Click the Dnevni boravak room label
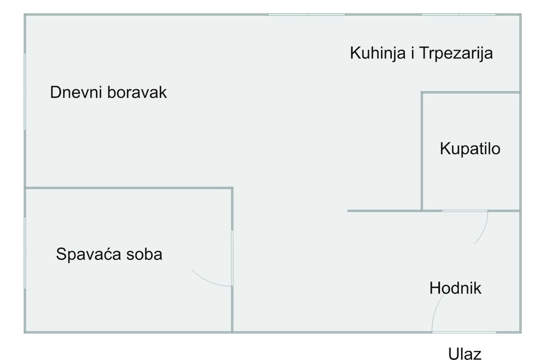point(108,92)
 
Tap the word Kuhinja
point(378,53)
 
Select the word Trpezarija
point(456,53)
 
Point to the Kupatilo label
point(470,148)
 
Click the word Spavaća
point(89,254)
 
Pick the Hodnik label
point(455,288)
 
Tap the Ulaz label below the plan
point(464,354)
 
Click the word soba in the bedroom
point(144,254)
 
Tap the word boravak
point(137,92)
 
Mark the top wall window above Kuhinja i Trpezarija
point(458,15)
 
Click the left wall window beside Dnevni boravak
point(25,92)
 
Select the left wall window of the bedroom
point(25,253)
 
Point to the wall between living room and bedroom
point(129,188)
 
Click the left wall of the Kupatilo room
point(422,151)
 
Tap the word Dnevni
point(76,92)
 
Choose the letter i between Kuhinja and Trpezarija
point(412,53)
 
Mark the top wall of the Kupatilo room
point(471,92)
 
